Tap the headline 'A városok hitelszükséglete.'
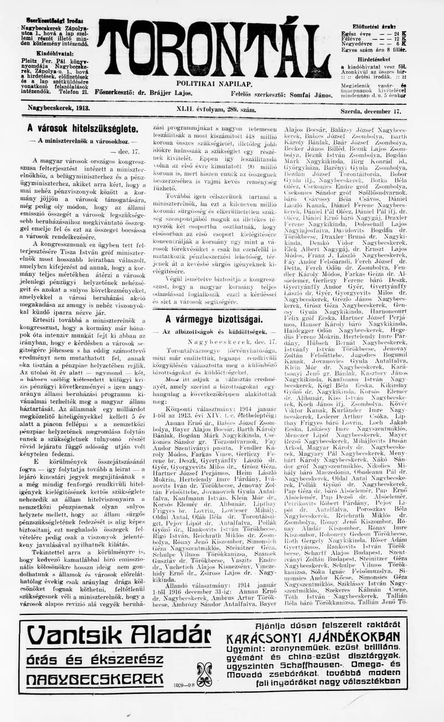83,128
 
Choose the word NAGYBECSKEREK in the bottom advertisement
95,679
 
